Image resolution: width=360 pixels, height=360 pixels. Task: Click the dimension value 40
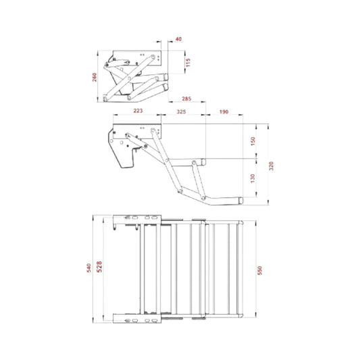(178, 39)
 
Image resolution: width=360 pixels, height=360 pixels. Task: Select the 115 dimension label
(188, 62)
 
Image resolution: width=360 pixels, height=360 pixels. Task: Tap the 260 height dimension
(95, 77)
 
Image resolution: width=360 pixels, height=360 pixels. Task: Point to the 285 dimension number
(186, 99)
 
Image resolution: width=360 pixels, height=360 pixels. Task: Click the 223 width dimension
(138, 111)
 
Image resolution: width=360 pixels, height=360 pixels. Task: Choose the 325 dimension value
(181, 112)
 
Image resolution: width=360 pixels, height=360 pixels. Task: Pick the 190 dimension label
(224, 112)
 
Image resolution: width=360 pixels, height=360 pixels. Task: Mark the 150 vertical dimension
(253, 141)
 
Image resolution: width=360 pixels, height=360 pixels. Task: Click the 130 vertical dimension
(253, 178)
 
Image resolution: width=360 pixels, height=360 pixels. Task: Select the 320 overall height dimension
(272, 166)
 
